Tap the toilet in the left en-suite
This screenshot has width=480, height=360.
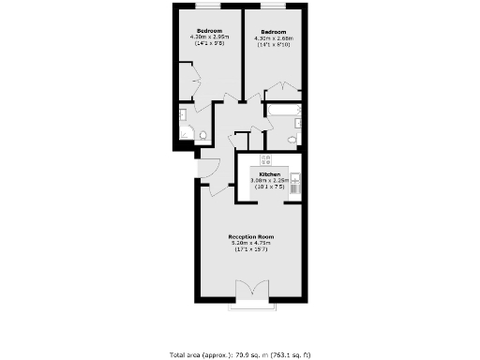200,135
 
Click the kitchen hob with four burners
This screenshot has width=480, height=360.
265,158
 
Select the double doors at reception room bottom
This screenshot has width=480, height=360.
250,291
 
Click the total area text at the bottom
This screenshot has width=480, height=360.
239,355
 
